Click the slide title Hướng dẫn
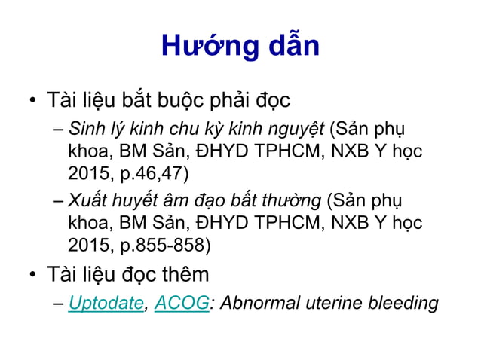[x=240, y=46]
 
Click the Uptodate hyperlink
[x=106, y=304]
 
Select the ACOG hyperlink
[x=181, y=304]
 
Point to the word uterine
[x=332, y=304]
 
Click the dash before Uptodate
[x=59, y=304]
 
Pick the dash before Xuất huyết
[x=59, y=201]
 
